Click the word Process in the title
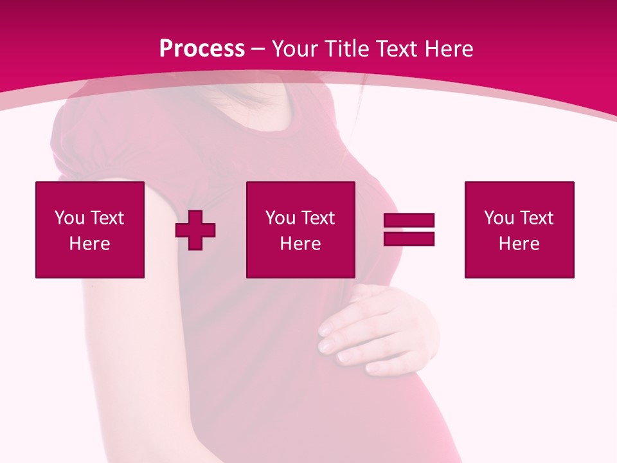tap(202, 48)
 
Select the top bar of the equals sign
tap(409, 221)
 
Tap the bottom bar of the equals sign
tap(409, 239)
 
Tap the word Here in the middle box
tap(300, 244)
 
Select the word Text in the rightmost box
tap(535, 218)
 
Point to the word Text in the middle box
tap(317, 218)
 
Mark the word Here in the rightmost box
tap(519, 244)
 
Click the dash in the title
tap(258, 49)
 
